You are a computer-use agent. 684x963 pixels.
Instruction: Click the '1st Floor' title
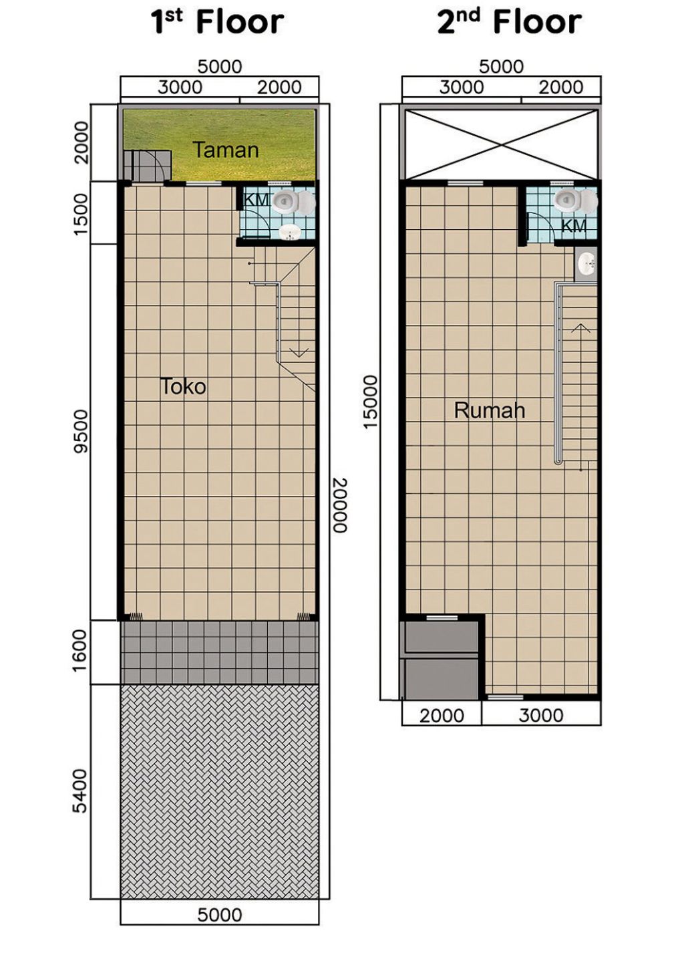218,22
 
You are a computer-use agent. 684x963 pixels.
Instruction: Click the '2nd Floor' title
509,22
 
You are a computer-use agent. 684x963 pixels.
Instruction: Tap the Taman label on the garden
225,150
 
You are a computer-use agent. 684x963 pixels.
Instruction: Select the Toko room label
183,386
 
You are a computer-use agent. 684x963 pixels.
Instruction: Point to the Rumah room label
489,410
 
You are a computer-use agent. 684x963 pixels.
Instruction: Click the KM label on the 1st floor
255,200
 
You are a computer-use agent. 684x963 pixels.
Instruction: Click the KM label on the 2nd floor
573,226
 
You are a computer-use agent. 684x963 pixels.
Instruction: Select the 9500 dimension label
81,431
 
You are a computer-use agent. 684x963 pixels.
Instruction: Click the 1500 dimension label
81,213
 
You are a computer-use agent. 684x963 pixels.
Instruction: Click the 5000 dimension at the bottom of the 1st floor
219,914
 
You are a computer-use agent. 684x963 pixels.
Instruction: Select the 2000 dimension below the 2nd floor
441,715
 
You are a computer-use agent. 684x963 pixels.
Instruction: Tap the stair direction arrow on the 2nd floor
580,328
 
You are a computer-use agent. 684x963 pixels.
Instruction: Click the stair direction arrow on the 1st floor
299,352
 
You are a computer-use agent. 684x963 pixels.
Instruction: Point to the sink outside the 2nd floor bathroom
587,264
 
